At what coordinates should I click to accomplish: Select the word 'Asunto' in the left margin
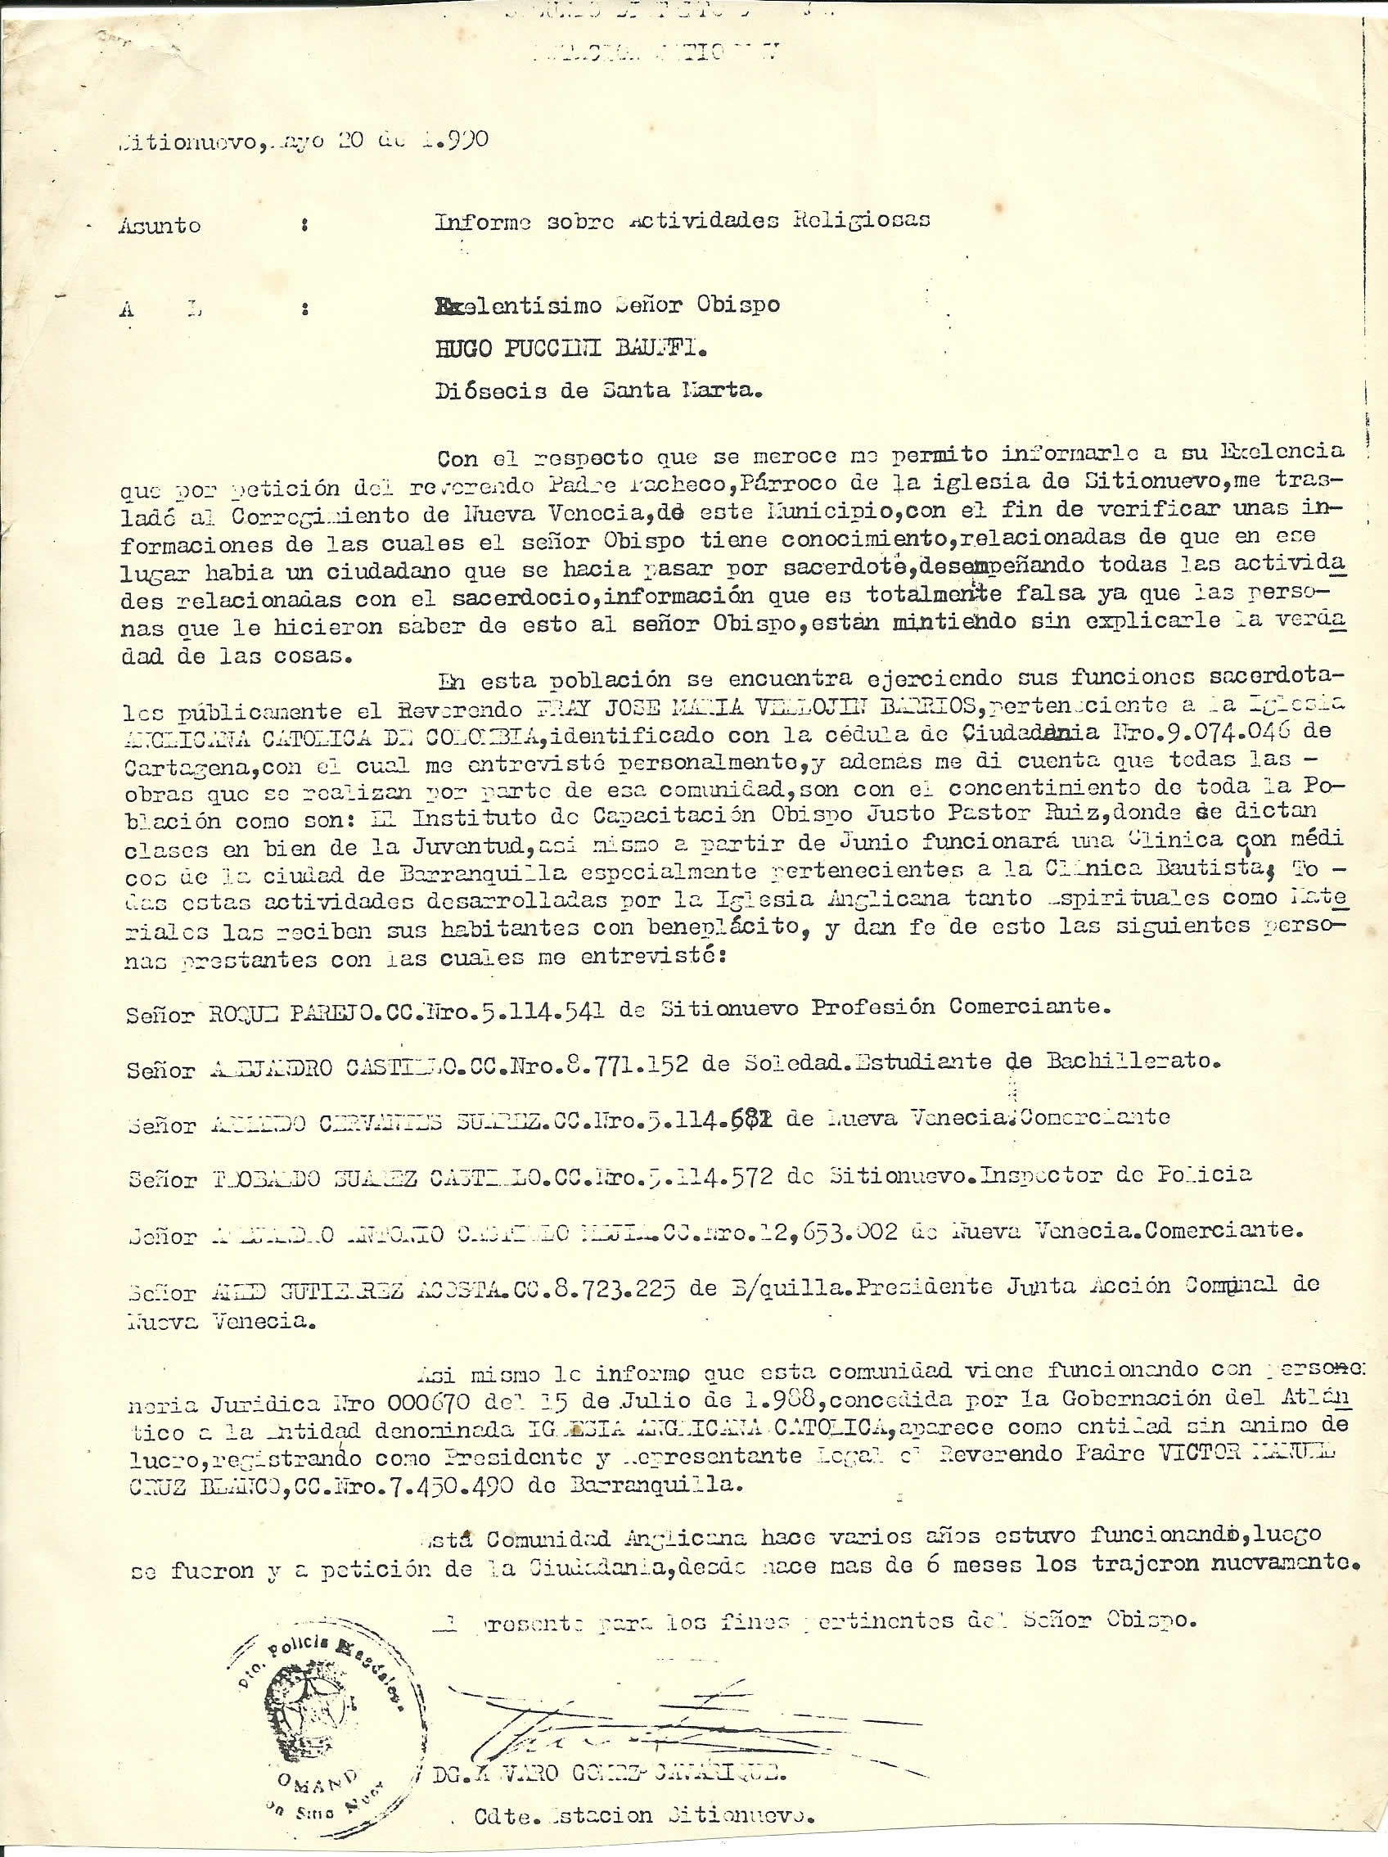click(x=160, y=225)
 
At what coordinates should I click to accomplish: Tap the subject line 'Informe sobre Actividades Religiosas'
click(x=682, y=221)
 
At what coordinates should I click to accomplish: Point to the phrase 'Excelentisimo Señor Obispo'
click(x=608, y=305)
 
